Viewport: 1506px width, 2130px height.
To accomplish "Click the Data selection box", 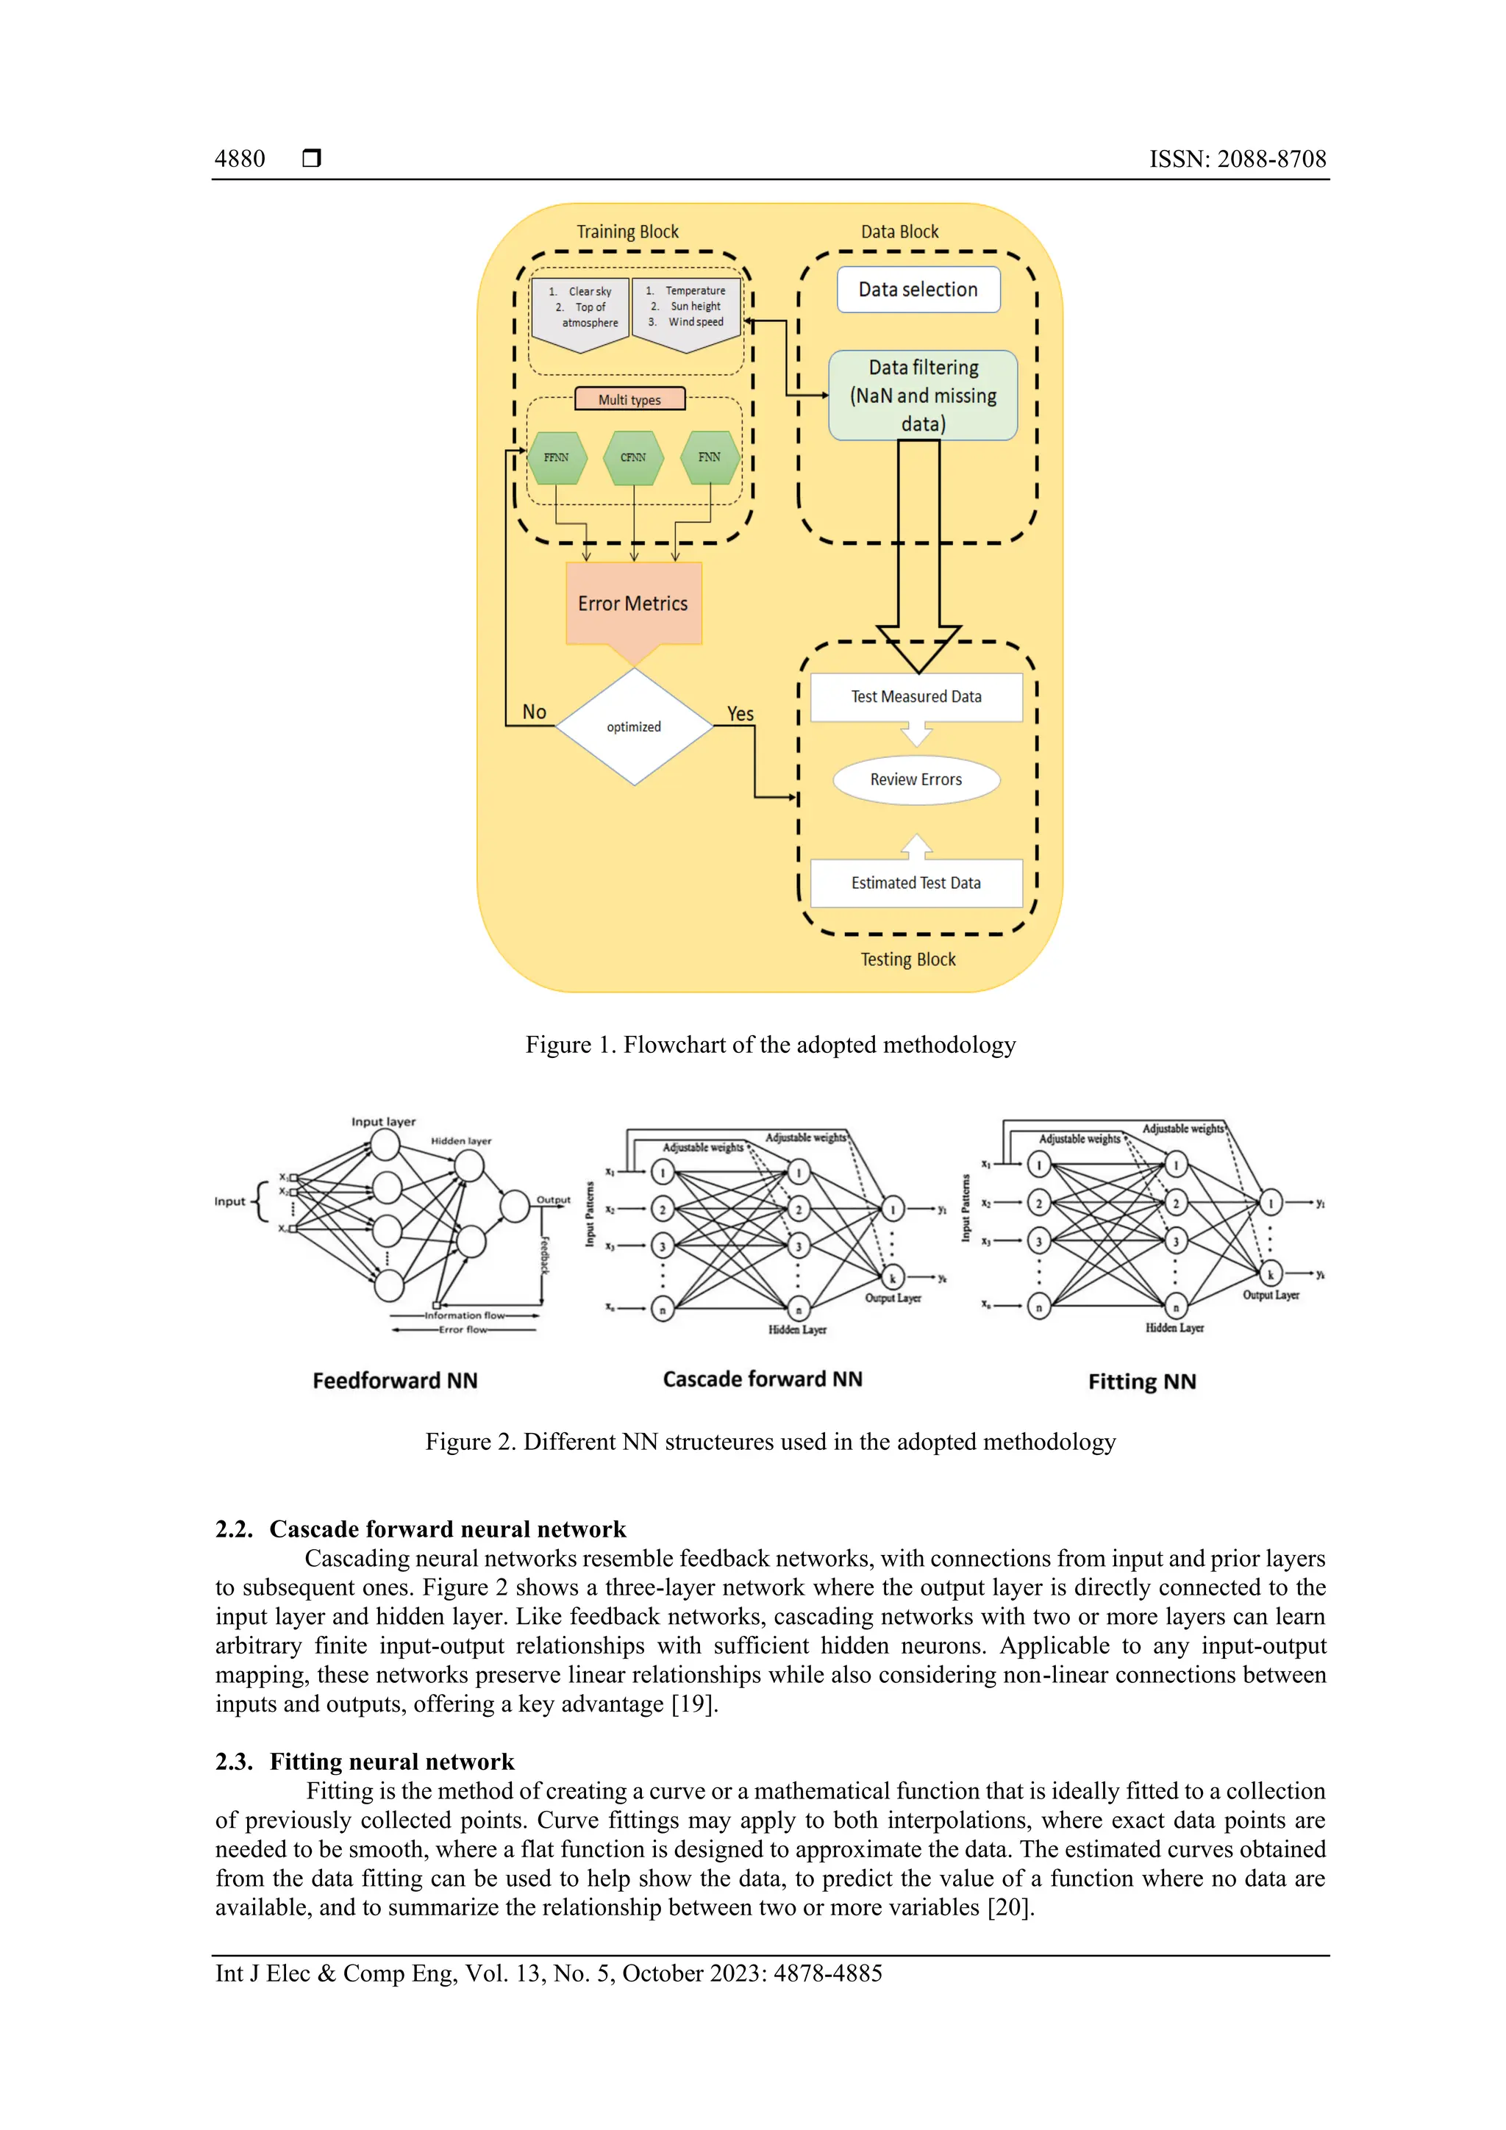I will pyautogui.click(x=918, y=290).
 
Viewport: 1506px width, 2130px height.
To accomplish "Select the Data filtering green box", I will pyautogui.click(x=922, y=396).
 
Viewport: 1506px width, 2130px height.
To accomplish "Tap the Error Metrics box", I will pyautogui.click(x=633, y=603).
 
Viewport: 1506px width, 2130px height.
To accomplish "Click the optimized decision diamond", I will pyautogui.click(x=634, y=726).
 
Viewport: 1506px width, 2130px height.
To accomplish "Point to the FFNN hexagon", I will pyautogui.click(x=557, y=457).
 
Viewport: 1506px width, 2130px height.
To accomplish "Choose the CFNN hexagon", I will pyautogui.click(x=633, y=457).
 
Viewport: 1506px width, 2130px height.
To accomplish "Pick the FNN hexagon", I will pyautogui.click(x=709, y=457).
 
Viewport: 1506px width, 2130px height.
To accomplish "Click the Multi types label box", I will pyautogui.click(x=630, y=399).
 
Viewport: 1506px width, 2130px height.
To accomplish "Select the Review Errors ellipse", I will pyautogui.click(x=916, y=779).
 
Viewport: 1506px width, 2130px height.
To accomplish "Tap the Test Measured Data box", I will pyautogui.click(x=916, y=697).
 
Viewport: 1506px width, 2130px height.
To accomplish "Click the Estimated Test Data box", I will pyautogui.click(x=916, y=882).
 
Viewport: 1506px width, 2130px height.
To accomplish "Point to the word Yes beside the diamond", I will pyautogui.click(x=740, y=713).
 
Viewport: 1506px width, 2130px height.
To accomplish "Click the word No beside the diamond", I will pyautogui.click(x=534, y=712).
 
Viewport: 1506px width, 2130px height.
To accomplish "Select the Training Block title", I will pyautogui.click(x=627, y=231).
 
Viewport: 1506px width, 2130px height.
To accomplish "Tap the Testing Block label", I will pyautogui.click(x=907, y=959).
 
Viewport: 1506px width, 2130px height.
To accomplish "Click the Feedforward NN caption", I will pyautogui.click(x=394, y=1380).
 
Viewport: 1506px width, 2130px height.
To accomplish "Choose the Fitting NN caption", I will pyautogui.click(x=1141, y=1382).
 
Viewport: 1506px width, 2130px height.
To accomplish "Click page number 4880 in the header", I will pyautogui.click(x=240, y=159).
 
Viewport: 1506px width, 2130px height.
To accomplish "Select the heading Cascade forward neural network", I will pyautogui.click(x=447, y=1529).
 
